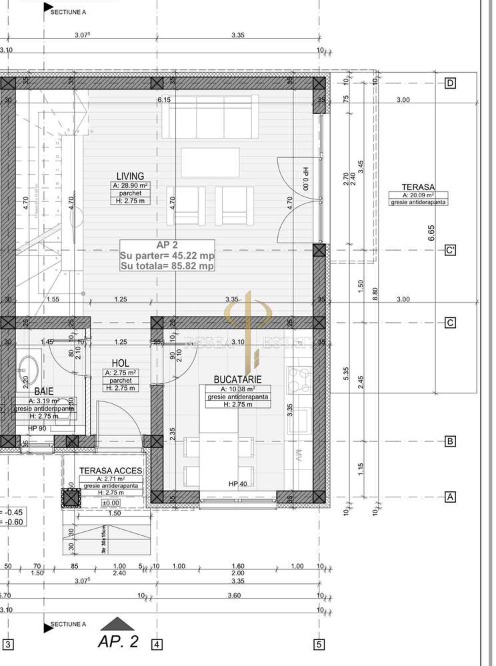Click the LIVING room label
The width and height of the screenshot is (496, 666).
pos(130,176)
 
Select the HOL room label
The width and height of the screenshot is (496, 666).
pos(120,363)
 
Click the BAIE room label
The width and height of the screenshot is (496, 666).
pos(45,392)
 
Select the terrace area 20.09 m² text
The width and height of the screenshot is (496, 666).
pos(418,195)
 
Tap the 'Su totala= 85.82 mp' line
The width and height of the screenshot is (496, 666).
pos(167,265)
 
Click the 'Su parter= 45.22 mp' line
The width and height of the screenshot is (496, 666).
pos(167,255)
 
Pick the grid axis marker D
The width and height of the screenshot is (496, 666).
pos(451,83)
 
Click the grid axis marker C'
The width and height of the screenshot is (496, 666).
pos(451,251)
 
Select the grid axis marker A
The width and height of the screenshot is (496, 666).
pos(451,497)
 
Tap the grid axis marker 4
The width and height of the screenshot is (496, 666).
pos(156,645)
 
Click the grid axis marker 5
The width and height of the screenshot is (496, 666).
pos(320,645)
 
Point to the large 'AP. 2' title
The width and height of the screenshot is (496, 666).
pos(118,641)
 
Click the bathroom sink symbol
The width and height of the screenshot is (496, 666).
pos(29,366)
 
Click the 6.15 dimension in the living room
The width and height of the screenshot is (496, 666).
pos(164,100)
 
